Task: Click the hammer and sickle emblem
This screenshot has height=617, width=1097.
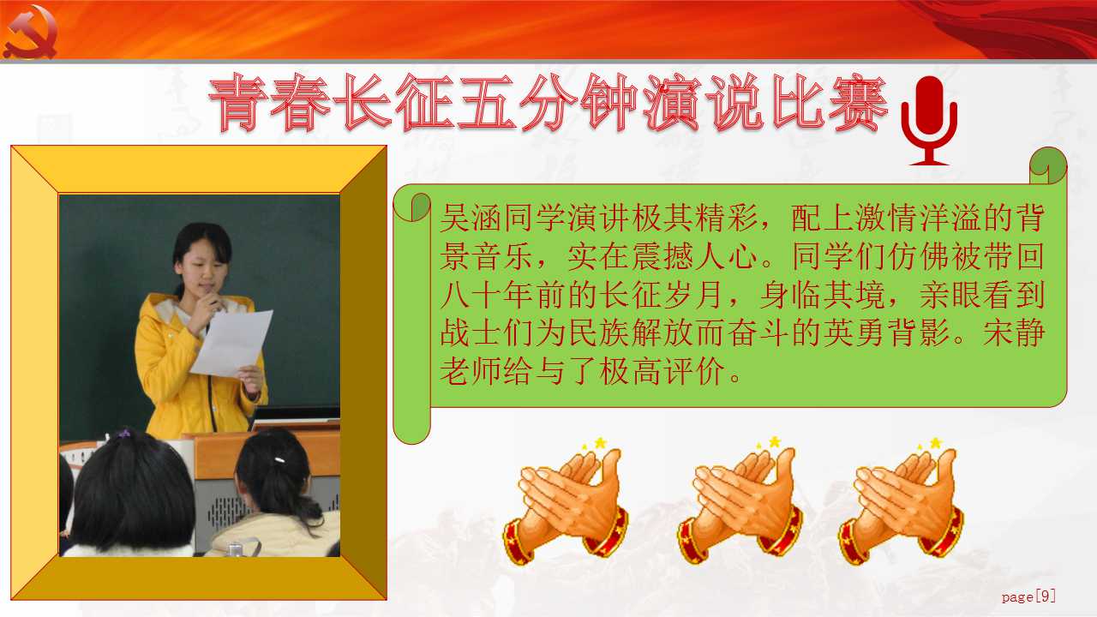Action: click(x=30, y=32)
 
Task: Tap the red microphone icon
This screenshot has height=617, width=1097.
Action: click(x=929, y=121)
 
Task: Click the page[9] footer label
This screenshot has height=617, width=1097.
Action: click(x=1028, y=596)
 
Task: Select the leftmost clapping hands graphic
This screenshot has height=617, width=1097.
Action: click(x=566, y=502)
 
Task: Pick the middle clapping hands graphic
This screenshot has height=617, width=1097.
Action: click(x=740, y=500)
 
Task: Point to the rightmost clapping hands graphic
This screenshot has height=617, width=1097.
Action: click(x=901, y=500)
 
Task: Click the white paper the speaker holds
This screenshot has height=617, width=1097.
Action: click(x=231, y=343)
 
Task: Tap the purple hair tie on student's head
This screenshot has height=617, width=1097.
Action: click(x=124, y=434)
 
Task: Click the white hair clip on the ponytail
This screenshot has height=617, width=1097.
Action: click(x=279, y=460)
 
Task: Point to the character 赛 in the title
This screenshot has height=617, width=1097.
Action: click(x=858, y=104)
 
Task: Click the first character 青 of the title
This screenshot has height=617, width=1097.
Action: click(x=238, y=104)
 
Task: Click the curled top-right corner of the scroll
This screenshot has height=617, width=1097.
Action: click(x=1047, y=165)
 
